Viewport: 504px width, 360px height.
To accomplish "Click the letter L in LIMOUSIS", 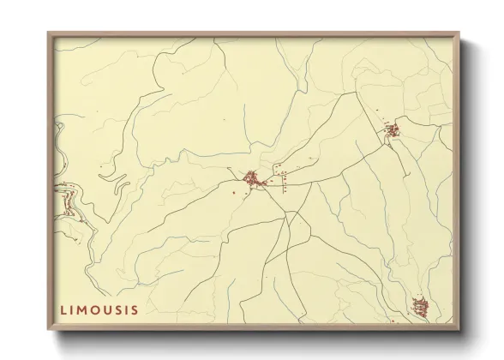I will pos(63,308).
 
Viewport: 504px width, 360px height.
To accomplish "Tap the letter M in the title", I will pos(82,308).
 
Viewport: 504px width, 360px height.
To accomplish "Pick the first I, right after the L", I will pos(72,308).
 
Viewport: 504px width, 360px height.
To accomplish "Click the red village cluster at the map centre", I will pos(253,180).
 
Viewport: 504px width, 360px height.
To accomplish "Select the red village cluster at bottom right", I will pos(418,306).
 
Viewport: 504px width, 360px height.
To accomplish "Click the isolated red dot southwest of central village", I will pos(234,192).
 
